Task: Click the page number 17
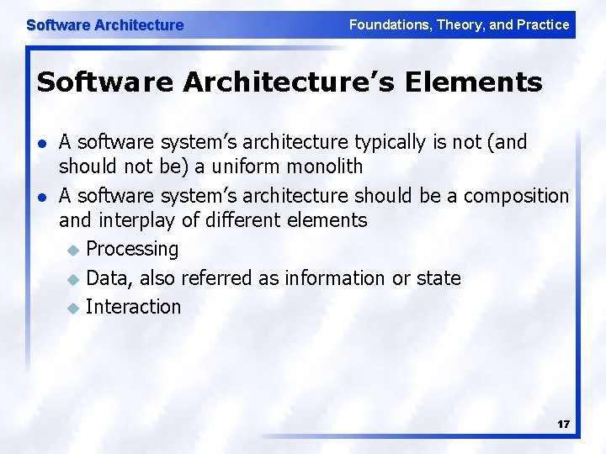coord(563,425)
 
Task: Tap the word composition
coord(517,196)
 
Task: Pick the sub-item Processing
coord(132,250)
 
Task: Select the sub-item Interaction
coord(133,307)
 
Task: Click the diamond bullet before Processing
coord(73,251)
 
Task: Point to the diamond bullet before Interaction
coord(73,308)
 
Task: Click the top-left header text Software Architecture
coord(104,25)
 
